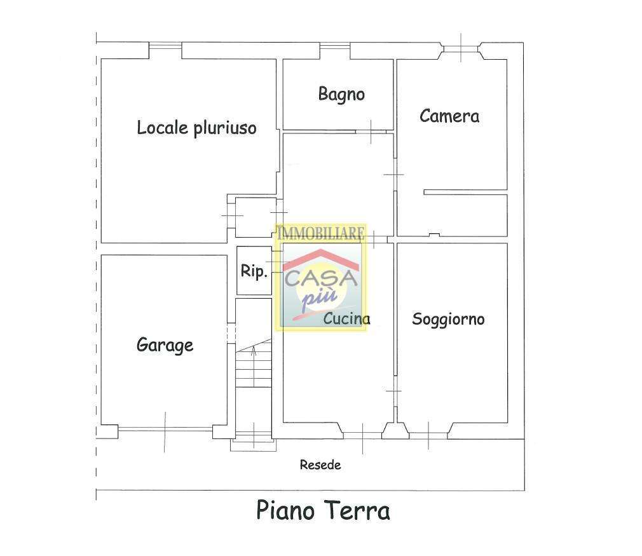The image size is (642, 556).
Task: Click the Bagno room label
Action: point(341,95)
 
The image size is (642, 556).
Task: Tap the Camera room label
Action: point(449,116)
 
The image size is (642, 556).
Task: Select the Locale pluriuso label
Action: point(196,128)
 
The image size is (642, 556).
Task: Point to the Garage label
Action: point(165,345)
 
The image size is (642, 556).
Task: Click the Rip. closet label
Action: point(254,271)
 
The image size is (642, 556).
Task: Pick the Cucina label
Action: point(347,318)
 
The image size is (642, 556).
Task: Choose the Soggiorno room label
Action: point(448,320)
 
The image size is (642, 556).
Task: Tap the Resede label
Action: point(320,464)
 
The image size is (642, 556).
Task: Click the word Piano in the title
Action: point(285,510)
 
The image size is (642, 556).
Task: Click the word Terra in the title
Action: point(357,510)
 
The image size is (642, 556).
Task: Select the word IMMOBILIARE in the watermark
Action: point(320,233)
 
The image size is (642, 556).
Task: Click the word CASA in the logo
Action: point(321,278)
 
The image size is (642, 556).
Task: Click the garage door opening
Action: point(165,429)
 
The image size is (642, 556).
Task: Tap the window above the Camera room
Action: point(461,49)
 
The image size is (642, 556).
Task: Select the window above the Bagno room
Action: point(334,46)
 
